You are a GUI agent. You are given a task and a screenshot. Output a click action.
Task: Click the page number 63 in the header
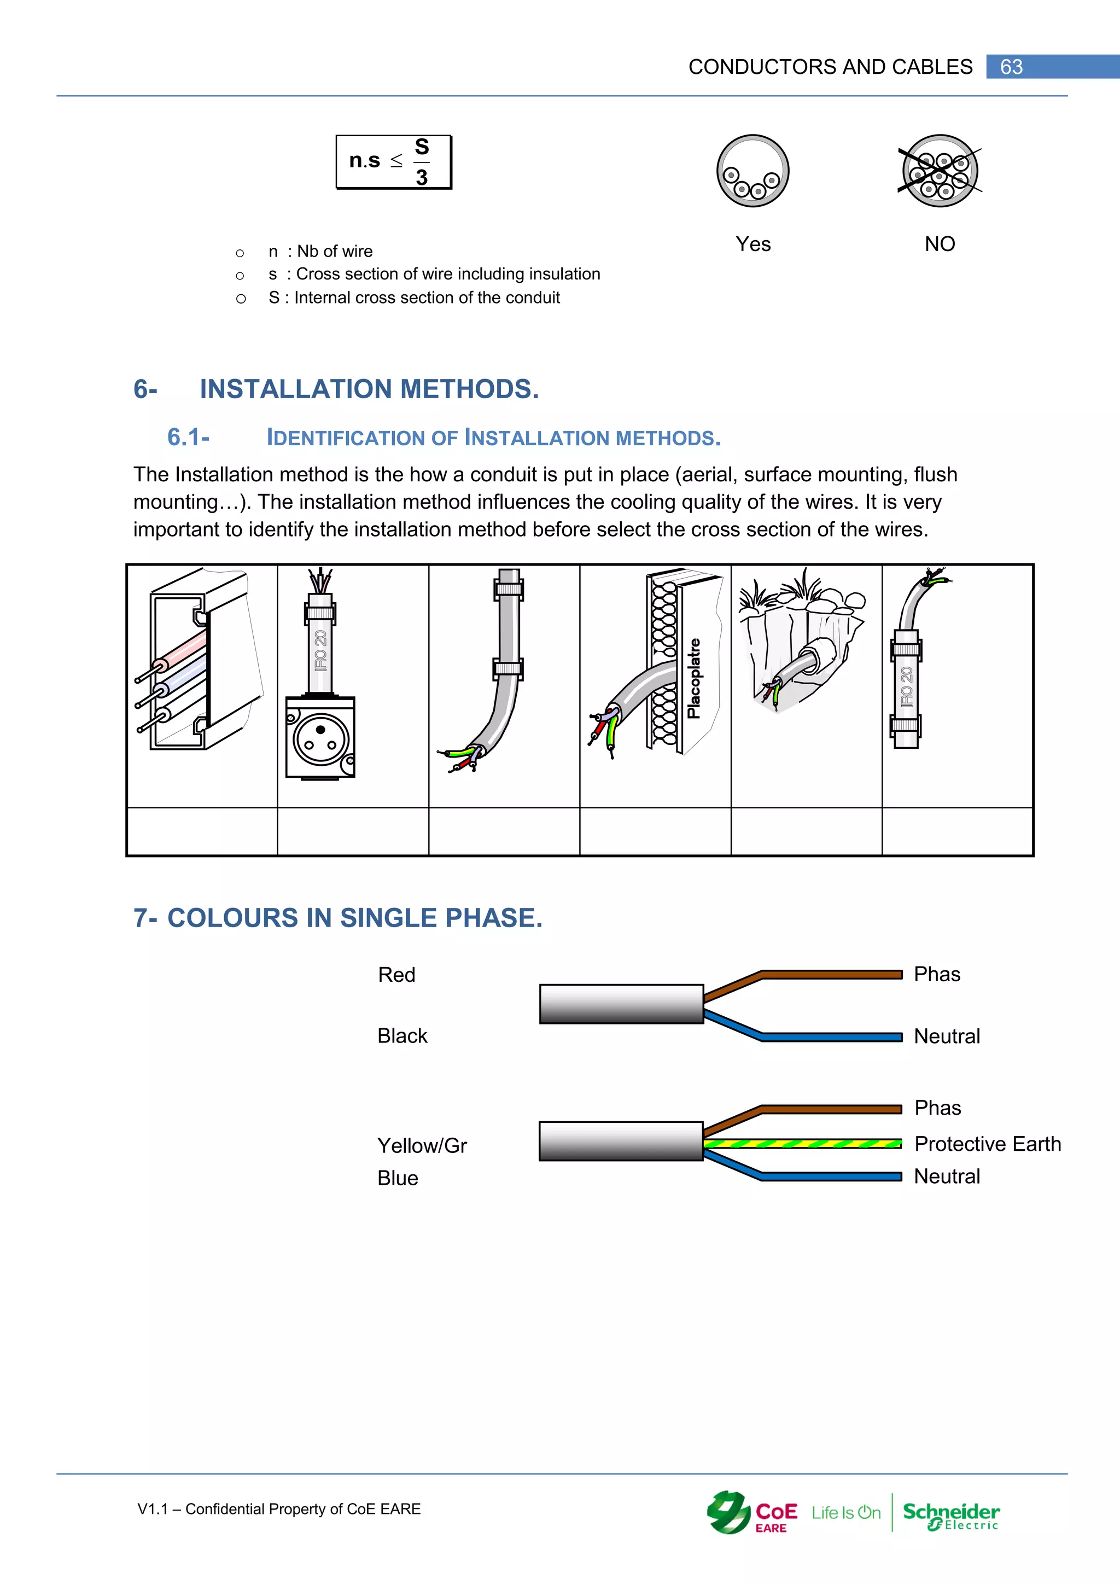tap(1011, 67)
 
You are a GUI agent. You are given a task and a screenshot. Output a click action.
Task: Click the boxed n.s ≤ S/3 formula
tap(394, 162)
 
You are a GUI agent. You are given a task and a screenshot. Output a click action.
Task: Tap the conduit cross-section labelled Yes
tap(752, 171)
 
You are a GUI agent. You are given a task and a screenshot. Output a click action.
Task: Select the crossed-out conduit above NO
tap(940, 171)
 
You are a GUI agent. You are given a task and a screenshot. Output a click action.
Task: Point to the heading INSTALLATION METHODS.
tap(369, 389)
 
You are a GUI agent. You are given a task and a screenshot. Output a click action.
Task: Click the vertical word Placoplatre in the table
tap(694, 678)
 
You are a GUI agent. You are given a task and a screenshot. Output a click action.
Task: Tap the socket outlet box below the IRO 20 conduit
tap(320, 737)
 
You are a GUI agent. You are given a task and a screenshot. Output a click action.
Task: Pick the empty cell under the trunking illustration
tap(202, 831)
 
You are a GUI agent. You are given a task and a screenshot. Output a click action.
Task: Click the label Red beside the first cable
tap(396, 975)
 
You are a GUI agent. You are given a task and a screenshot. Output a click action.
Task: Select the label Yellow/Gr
tap(422, 1145)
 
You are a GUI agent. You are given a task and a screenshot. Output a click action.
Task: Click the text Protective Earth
tap(987, 1143)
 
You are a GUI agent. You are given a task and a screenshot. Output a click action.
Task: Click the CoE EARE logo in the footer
tap(752, 1513)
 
